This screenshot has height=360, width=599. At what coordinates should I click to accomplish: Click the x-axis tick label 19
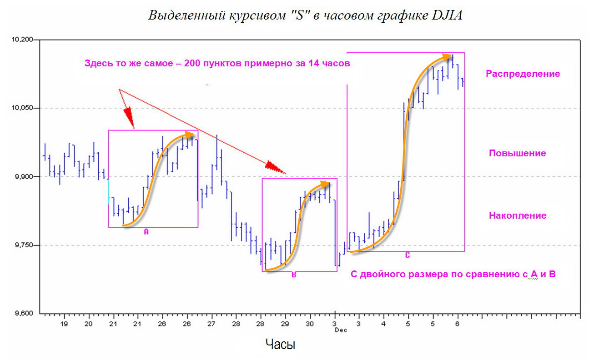coord(64,324)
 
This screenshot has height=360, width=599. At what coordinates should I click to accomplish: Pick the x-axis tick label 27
coord(211,324)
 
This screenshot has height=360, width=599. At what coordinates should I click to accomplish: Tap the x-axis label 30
coord(310,324)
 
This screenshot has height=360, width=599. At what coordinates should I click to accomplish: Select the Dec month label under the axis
coord(341,330)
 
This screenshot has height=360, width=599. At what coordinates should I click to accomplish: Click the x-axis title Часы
coord(280,345)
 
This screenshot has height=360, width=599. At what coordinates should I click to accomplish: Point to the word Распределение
coord(523,74)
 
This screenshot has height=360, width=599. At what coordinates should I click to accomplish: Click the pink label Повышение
coord(517,153)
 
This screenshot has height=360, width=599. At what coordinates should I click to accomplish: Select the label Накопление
coord(518,215)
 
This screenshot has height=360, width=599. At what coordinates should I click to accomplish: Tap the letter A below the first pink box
coord(146,232)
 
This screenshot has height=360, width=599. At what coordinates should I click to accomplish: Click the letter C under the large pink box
coord(408,255)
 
